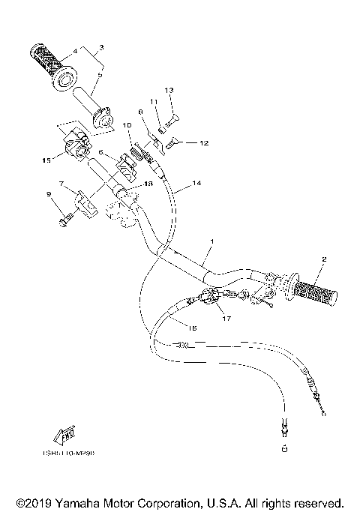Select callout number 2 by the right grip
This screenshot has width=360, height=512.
(324, 259)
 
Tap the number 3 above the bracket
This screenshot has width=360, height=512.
(101, 48)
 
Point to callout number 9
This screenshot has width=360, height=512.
(49, 195)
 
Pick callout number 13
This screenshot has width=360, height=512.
(169, 90)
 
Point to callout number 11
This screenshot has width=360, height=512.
(153, 101)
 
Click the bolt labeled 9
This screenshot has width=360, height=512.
(64, 220)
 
